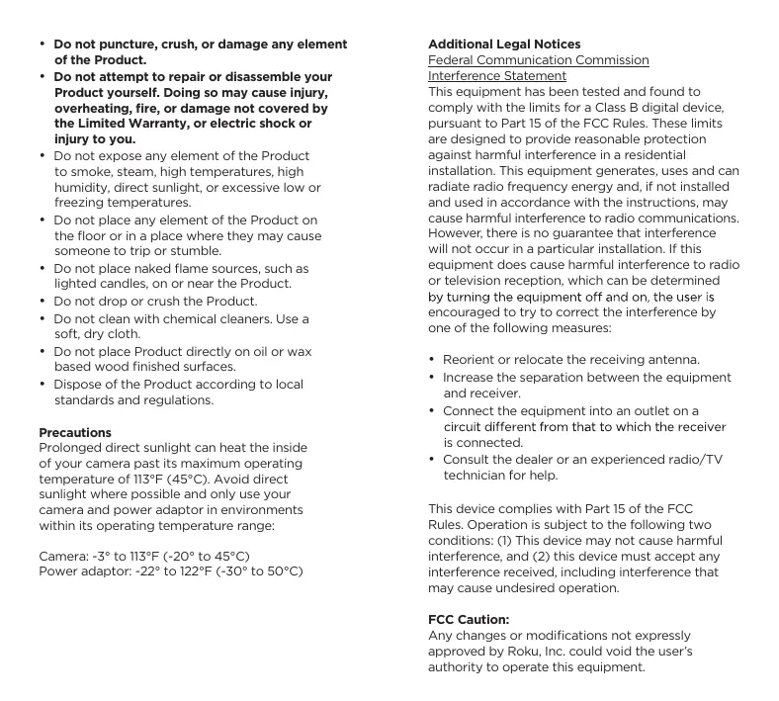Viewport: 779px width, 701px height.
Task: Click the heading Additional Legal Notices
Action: click(x=503, y=44)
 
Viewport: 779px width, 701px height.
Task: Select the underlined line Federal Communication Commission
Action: click(x=538, y=60)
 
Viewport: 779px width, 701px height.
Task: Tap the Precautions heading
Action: click(x=75, y=433)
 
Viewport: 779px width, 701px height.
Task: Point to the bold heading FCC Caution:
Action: click(x=468, y=620)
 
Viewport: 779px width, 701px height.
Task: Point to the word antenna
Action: click(x=675, y=360)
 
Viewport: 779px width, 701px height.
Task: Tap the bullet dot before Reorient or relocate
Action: click(x=432, y=360)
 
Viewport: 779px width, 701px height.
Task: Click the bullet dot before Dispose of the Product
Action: click(x=43, y=385)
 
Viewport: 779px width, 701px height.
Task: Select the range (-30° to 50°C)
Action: click(x=253, y=572)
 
